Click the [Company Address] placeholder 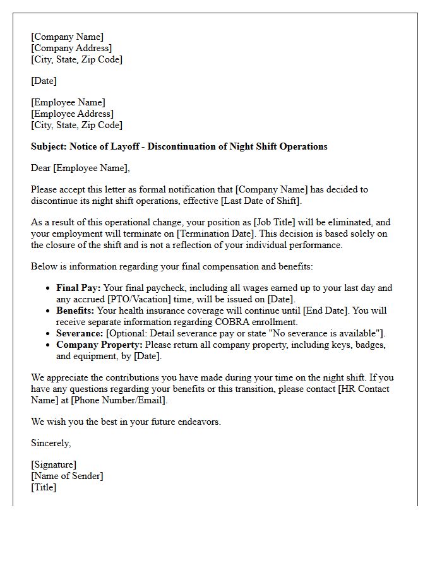coord(71,48)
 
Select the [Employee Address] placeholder coord(72,114)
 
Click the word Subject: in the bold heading coord(51,146)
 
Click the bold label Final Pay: coord(78,288)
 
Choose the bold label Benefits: coord(75,311)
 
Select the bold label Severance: coord(80,333)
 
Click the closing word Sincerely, coord(51,443)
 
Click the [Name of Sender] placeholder coord(67,476)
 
